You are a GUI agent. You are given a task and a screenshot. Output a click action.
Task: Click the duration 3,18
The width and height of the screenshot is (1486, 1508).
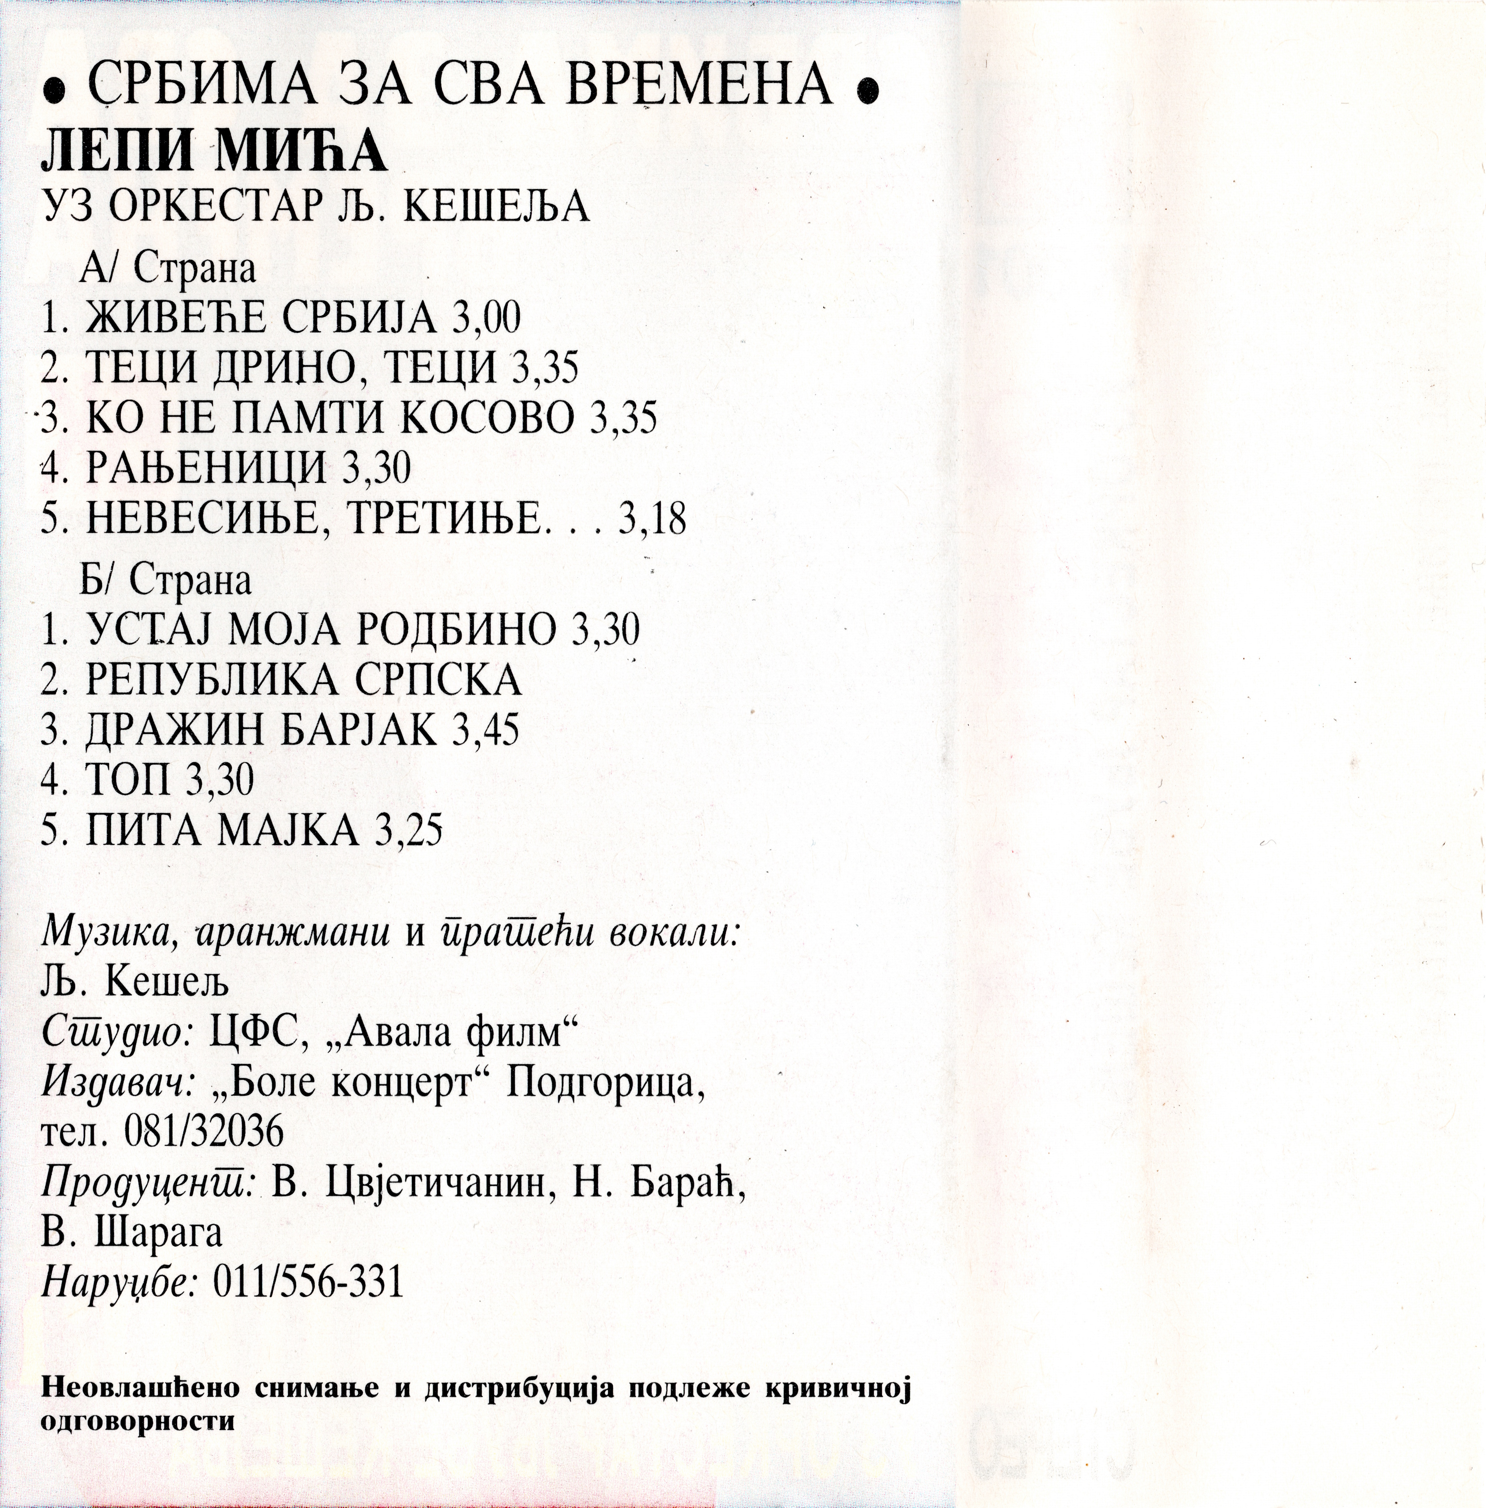coord(652,518)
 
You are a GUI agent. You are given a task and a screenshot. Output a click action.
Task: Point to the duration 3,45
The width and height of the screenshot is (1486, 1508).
coord(486,730)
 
